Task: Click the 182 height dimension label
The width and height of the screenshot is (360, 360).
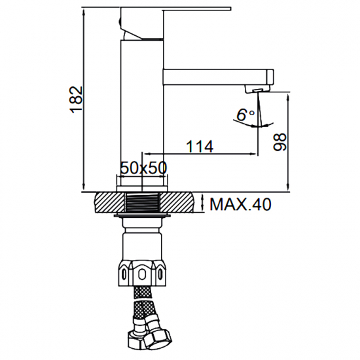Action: (x=76, y=100)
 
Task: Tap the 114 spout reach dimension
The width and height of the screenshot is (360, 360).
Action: (x=200, y=147)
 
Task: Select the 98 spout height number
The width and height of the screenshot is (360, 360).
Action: (x=279, y=142)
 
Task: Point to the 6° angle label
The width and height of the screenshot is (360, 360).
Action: (x=245, y=115)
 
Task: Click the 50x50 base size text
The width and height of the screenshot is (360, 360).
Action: (x=144, y=168)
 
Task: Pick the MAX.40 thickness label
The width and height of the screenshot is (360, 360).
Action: (x=240, y=204)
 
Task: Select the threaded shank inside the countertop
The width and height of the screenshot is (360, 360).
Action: (x=143, y=202)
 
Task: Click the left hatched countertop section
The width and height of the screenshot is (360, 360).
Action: (x=110, y=202)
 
